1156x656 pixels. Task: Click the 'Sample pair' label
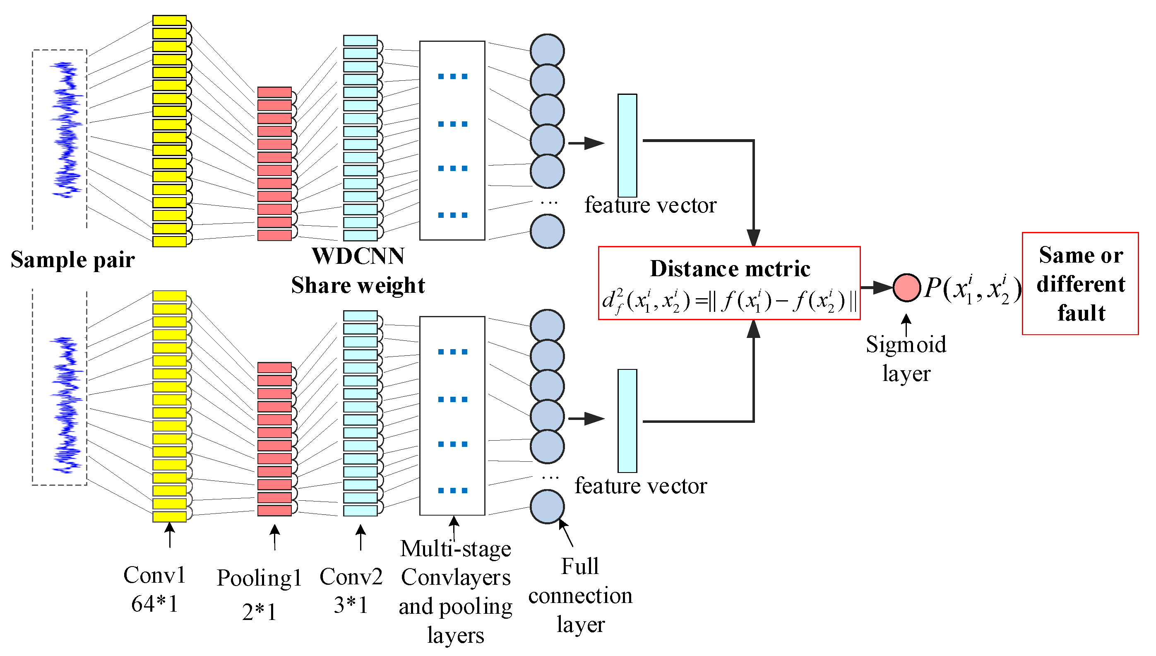coord(72,260)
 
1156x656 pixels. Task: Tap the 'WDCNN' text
coord(358,256)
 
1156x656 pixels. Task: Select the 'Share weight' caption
coord(358,285)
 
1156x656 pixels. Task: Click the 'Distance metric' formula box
coord(729,283)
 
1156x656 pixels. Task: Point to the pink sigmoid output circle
coord(906,287)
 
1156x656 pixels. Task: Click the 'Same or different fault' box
coord(1080,283)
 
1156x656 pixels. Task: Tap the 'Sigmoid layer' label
coord(906,359)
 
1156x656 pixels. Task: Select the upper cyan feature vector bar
coord(627,145)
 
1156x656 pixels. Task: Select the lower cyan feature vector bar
coord(627,421)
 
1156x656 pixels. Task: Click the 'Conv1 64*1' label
coord(154,589)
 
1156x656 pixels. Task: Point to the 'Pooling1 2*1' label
coord(259,594)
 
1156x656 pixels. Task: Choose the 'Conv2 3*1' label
coord(351,590)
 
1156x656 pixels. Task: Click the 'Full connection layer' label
coord(580,595)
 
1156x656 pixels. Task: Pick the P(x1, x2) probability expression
coord(972,288)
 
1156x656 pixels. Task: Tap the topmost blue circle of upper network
coord(547,51)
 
